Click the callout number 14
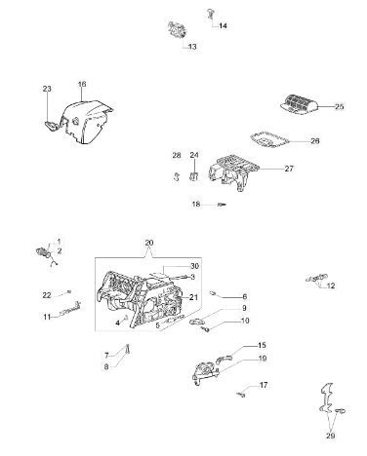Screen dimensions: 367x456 (223, 25)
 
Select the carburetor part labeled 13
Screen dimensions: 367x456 (176, 30)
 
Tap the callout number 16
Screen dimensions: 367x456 (82, 84)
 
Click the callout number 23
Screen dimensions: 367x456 (47, 89)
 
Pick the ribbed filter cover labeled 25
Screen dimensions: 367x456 (299, 104)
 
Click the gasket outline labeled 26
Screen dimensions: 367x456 (269, 140)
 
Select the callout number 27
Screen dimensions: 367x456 (289, 169)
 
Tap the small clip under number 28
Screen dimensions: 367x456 (177, 176)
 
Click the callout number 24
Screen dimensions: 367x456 (194, 155)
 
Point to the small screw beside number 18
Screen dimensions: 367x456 (222, 205)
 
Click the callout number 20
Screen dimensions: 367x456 (149, 243)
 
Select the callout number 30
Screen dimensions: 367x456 (194, 266)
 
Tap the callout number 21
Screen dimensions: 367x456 (193, 297)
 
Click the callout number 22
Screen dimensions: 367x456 (47, 295)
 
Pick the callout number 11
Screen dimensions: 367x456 (47, 317)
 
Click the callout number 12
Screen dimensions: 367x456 (331, 285)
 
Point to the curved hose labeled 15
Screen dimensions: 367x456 (224, 359)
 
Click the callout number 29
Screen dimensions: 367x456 (330, 436)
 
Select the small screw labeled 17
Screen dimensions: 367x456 (241, 395)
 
